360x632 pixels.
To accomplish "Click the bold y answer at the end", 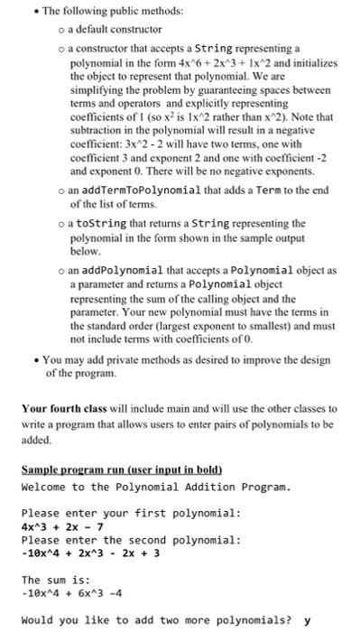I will (308, 621).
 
